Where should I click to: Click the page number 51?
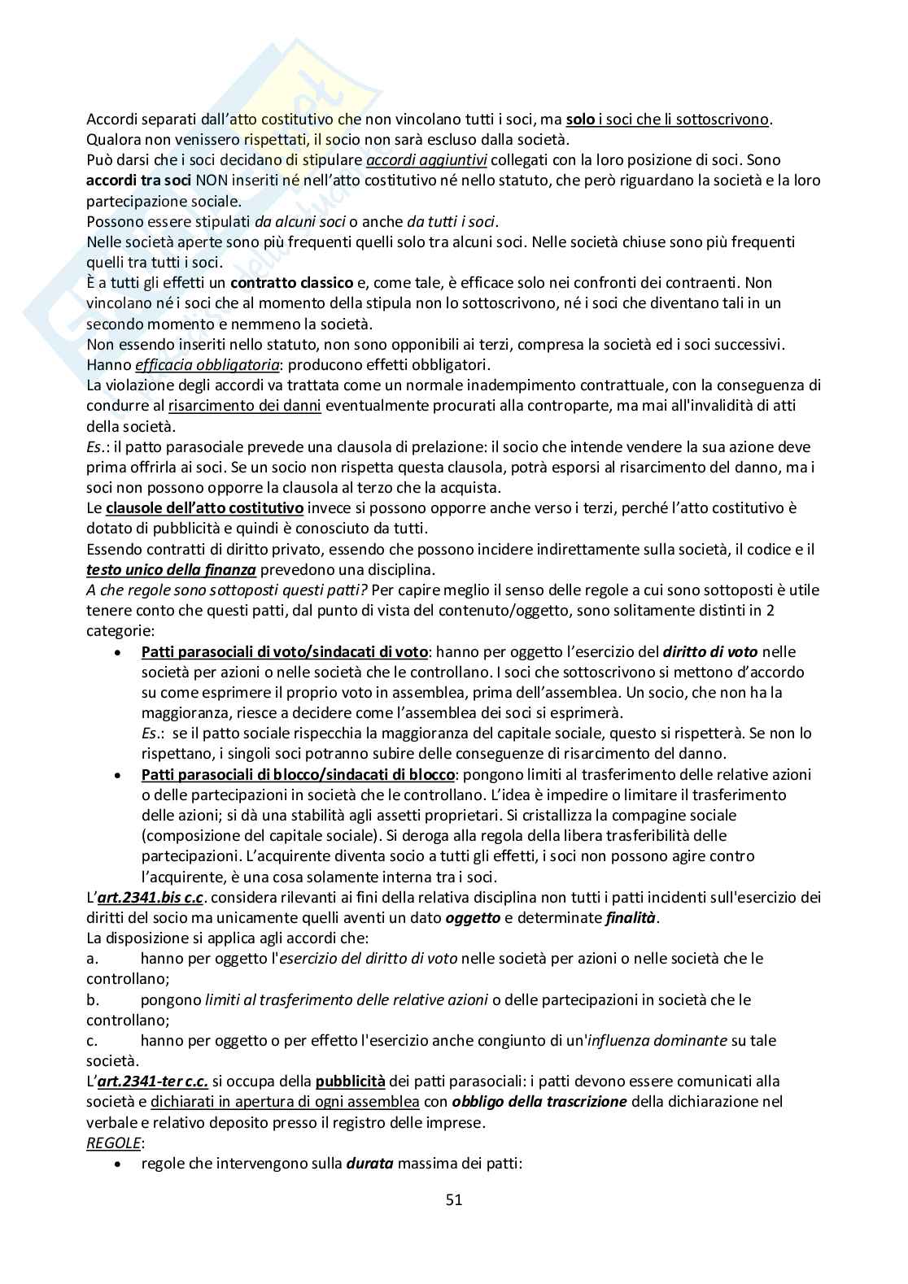(454, 1199)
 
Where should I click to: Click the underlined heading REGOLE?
(113, 1143)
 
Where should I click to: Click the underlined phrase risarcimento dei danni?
(244, 406)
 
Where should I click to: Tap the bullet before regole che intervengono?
(120, 1164)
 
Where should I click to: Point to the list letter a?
(92, 959)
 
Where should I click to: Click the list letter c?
(92, 1041)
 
